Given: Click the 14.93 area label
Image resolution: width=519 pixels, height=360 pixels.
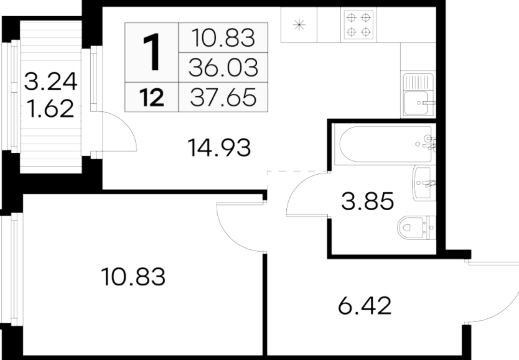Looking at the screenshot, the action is click(219, 148).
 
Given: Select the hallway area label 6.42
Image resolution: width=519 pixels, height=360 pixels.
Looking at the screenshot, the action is click(365, 305).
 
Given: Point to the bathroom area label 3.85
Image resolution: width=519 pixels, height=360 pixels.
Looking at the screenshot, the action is click(367, 201).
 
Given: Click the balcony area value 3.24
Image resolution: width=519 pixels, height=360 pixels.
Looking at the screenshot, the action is click(50, 81).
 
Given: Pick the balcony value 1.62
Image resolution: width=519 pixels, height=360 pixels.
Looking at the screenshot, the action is click(50, 108).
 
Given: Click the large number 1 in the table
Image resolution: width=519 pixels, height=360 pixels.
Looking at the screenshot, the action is click(151, 53).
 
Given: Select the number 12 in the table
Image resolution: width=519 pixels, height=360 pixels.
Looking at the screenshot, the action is click(152, 98).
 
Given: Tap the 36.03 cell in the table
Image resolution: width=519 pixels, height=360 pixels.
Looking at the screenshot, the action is click(223, 67).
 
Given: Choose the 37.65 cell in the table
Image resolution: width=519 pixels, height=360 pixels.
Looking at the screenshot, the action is click(223, 97).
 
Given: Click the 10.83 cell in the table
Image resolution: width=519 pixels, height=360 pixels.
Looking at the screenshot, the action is click(223, 38).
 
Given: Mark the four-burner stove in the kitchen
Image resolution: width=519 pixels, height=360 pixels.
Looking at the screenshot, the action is click(358, 25).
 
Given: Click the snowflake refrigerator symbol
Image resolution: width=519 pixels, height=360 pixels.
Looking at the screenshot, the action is click(299, 25).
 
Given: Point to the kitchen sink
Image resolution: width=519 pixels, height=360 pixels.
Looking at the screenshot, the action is click(418, 95).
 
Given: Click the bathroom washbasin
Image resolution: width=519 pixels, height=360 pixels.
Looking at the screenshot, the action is click(424, 183).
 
